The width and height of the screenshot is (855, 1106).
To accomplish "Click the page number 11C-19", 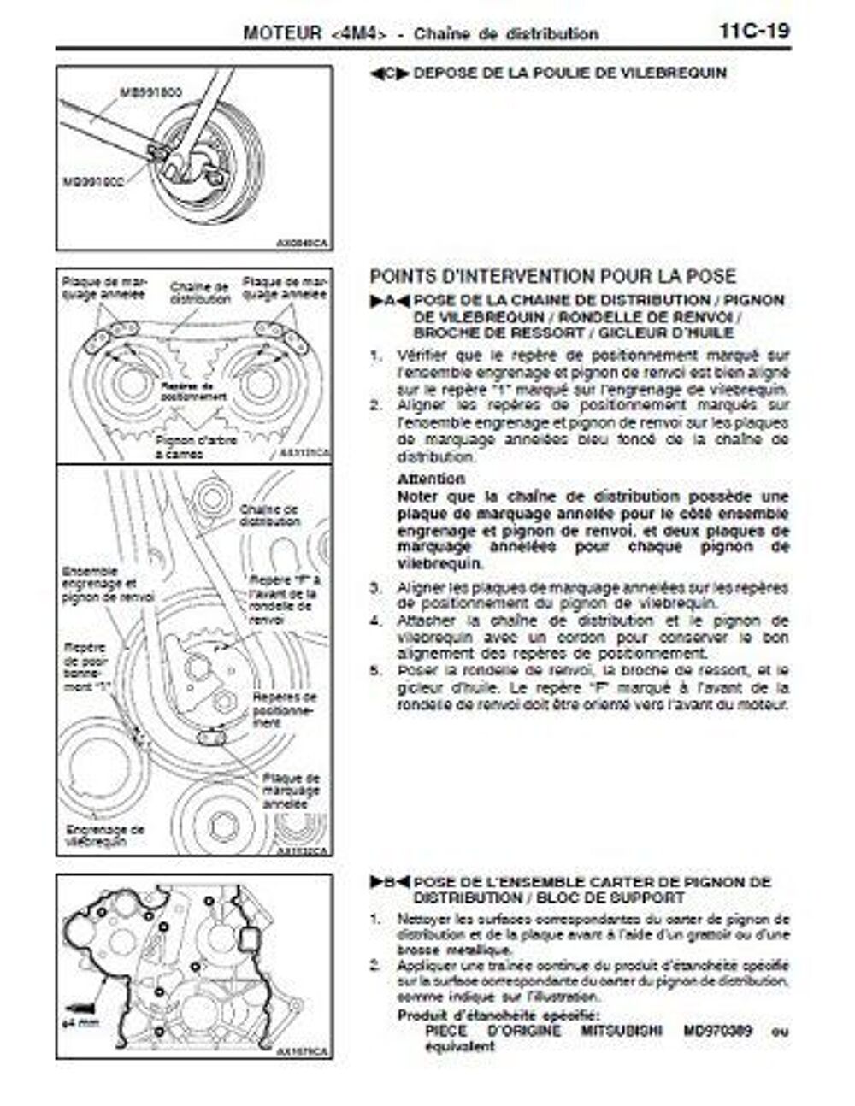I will click(x=753, y=32).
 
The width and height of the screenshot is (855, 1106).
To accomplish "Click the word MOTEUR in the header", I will click(x=280, y=33).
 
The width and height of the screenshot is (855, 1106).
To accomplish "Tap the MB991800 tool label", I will click(x=150, y=91).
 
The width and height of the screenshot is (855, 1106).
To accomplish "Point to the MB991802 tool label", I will click(x=93, y=181).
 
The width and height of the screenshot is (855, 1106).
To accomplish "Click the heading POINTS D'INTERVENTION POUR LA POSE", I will click(x=551, y=276).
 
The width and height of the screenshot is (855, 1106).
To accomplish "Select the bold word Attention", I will click(x=431, y=479).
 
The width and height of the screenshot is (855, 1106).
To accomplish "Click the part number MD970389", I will click(x=718, y=1031).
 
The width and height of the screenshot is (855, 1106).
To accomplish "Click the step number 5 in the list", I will click(x=374, y=671).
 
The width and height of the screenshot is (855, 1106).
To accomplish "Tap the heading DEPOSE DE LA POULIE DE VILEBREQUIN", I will click(x=569, y=74).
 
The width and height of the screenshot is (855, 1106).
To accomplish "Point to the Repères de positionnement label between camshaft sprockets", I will click(x=193, y=391).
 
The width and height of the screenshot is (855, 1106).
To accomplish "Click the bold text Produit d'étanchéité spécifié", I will click(x=498, y=1015).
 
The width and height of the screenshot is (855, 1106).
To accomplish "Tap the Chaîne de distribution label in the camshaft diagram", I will click(x=200, y=293).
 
